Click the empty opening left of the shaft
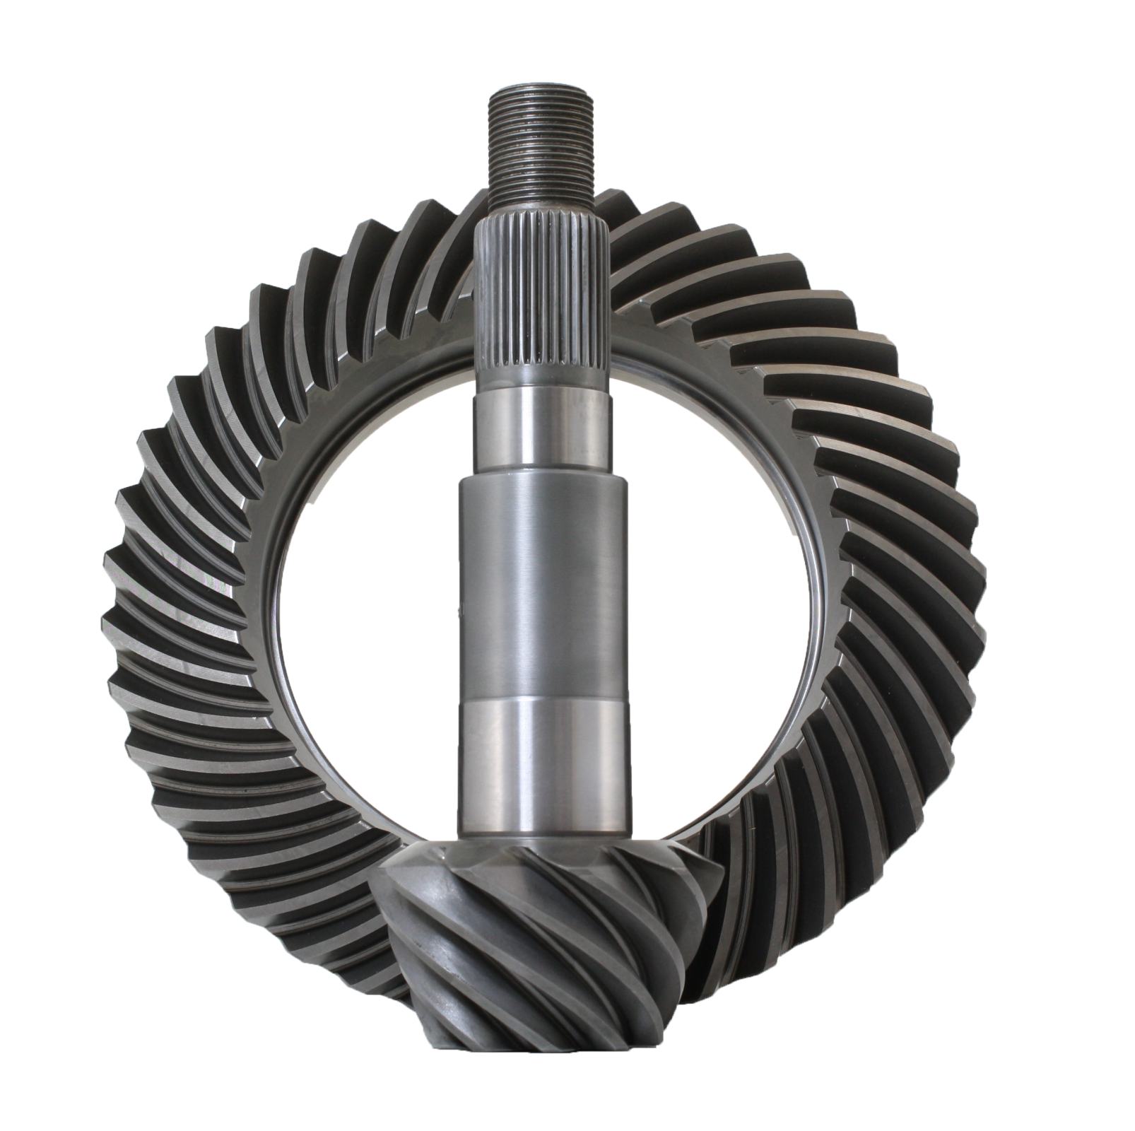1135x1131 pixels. pos(367,601)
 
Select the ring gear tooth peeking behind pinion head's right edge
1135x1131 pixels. pos(714,884)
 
